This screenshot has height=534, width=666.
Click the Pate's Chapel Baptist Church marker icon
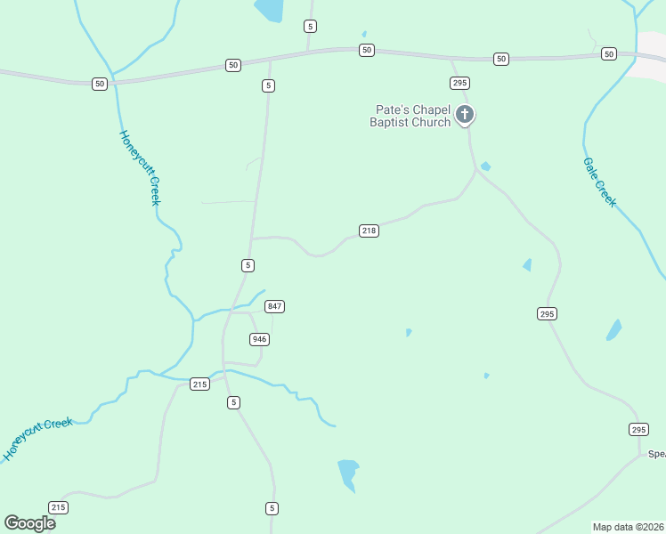(x=464, y=114)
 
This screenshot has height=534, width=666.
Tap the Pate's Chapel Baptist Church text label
(x=410, y=117)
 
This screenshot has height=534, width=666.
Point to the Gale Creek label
(x=599, y=182)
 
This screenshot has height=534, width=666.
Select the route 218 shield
(x=370, y=231)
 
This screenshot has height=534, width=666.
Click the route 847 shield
(x=274, y=306)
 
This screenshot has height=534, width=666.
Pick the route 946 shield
(x=259, y=339)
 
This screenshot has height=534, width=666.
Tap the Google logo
(x=30, y=522)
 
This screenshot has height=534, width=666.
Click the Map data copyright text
(x=629, y=527)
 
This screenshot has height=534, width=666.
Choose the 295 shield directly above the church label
(x=459, y=83)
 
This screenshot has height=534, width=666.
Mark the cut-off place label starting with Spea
(x=656, y=454)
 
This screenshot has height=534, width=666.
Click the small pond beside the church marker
(x=485, y=166)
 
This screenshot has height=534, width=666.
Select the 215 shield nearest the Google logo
(x=58, y=507)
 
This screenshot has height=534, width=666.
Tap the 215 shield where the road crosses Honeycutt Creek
(x=199, y=384)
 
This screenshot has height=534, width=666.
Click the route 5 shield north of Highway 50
(x=309, y=26)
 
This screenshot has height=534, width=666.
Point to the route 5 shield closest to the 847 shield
(x=248, y=265)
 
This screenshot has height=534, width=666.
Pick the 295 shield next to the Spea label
(x=638, y=430)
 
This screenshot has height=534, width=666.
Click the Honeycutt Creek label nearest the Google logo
(x=37, y=438)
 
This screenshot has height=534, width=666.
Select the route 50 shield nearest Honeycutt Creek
(x=99, y=84)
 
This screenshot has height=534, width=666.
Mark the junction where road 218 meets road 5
(x=253, y=239)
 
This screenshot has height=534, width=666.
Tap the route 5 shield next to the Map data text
(x=272, y=508)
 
